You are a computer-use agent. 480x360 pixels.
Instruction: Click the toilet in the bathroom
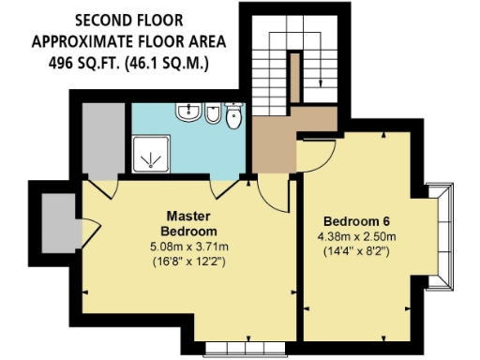click(x=234, y=117)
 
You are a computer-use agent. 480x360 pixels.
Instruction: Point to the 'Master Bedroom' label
click(x=188, y=223)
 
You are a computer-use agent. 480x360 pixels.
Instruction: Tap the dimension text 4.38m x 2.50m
click(x=357, y=237)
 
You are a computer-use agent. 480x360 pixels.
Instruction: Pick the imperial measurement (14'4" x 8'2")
click(x=357, y=251)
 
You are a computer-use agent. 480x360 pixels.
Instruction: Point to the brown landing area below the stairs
click(x=276, y=145)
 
